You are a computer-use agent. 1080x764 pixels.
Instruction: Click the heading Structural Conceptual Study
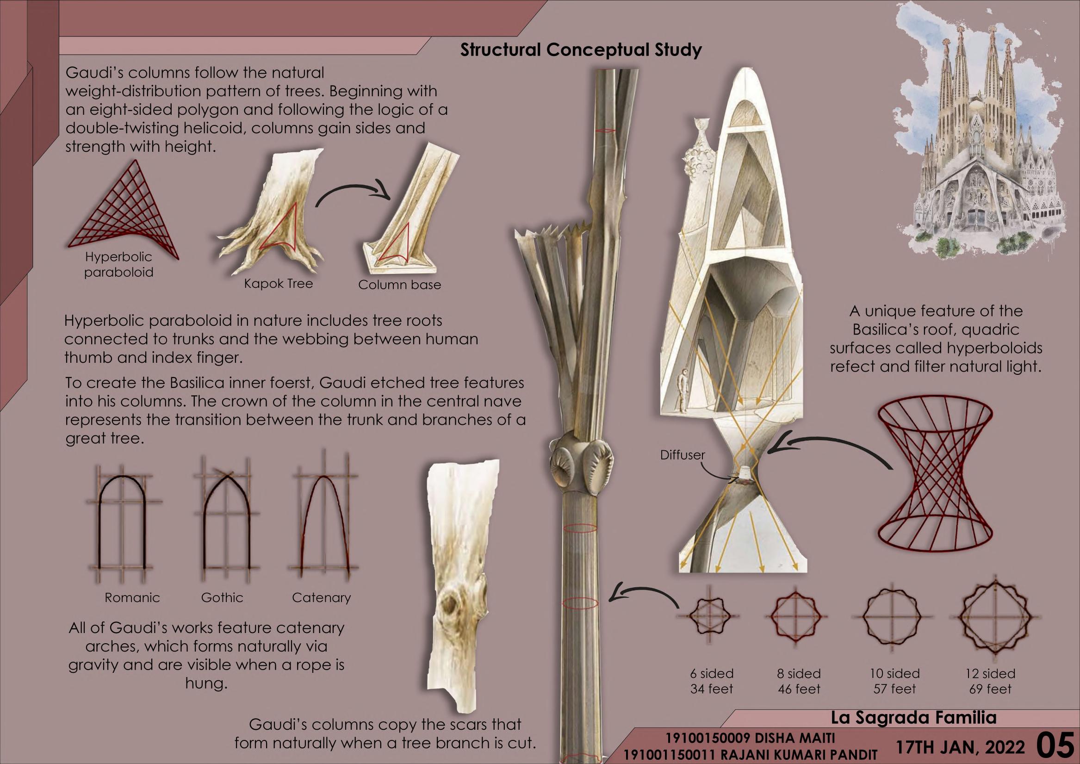coord(580,50)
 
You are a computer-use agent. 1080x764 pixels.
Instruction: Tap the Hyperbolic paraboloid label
coord(118,264)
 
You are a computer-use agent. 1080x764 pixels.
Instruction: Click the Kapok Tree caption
coord(278,284)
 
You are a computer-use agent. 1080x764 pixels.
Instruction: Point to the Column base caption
coord(399,285)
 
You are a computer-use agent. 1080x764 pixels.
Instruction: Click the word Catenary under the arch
coord(321,597)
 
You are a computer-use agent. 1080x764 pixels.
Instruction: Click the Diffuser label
coord(683,455)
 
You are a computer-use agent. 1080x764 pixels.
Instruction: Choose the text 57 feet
coord(894,689)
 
